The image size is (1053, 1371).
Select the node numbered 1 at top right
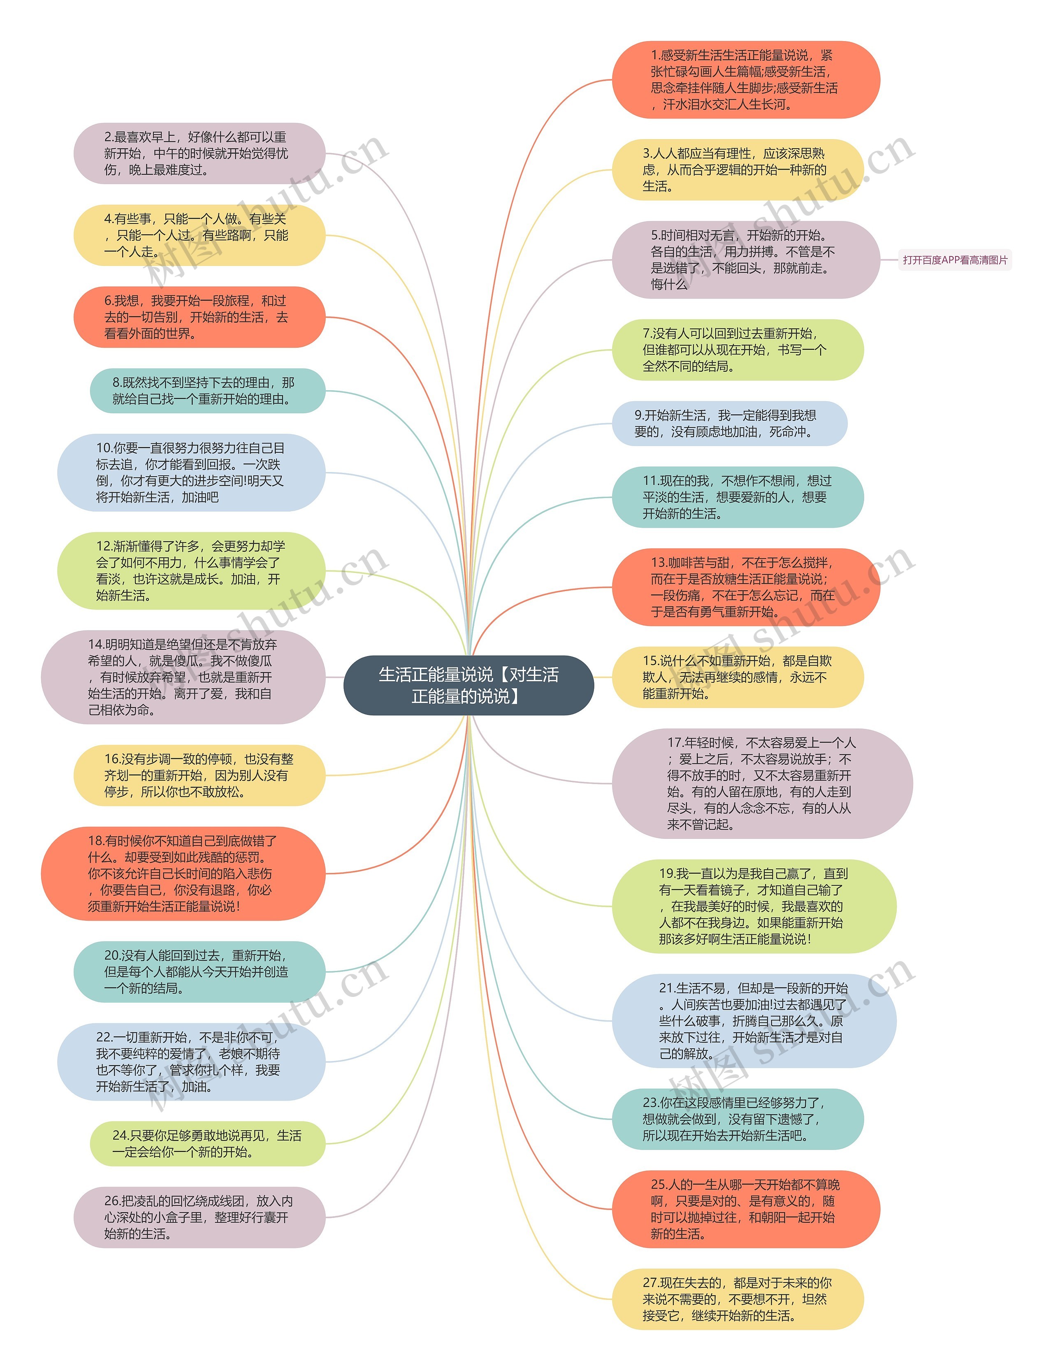coord(745,80)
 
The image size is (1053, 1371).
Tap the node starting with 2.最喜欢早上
coord(199,154)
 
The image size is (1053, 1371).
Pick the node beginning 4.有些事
coord(199,235)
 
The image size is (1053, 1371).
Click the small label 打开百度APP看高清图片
coord(955,260)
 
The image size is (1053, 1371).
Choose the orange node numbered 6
coord(199,317)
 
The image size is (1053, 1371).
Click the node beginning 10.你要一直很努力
coord(191,472)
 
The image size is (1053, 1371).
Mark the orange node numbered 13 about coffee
coord(745,587)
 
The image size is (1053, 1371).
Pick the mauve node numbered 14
coord(183,677)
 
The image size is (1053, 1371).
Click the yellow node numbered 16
coord(199,775)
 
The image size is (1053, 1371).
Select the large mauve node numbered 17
coord(761,783)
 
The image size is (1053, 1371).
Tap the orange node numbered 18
coord(183,874)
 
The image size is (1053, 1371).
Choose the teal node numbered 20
coord(199,971)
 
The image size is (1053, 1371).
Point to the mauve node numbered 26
coord(199,1217)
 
